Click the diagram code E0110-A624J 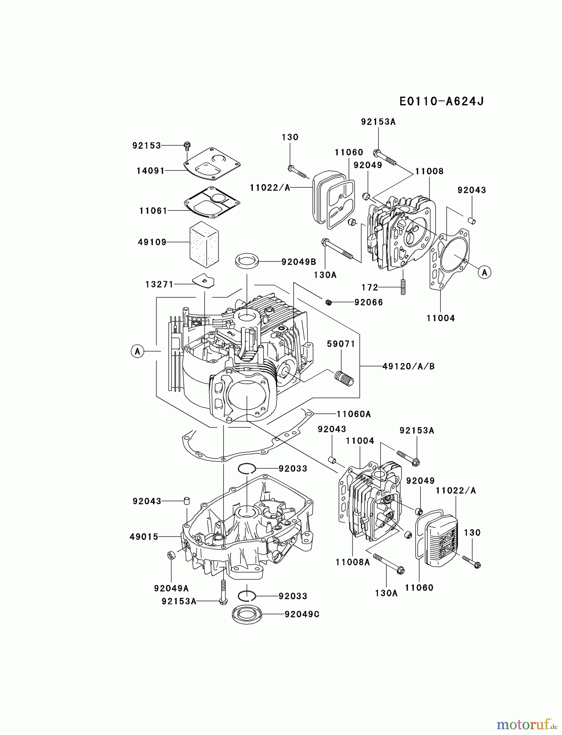tap(442, 101)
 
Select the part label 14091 tap(150, 171)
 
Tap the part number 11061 tap(153, 211)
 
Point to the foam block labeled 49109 tap(204, 244)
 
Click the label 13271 tap(159, 284)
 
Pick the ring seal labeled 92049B tap(248, 261)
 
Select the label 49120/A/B tap(408, 366)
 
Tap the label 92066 tap(368, 302)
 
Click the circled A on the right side tap(484, 272)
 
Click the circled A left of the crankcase tap(138, 351)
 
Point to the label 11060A tap(354, 414)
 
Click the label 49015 tap(144, 537)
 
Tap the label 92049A tap(171, 588)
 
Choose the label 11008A tap(352, 562)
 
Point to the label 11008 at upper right tap(429, 171)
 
